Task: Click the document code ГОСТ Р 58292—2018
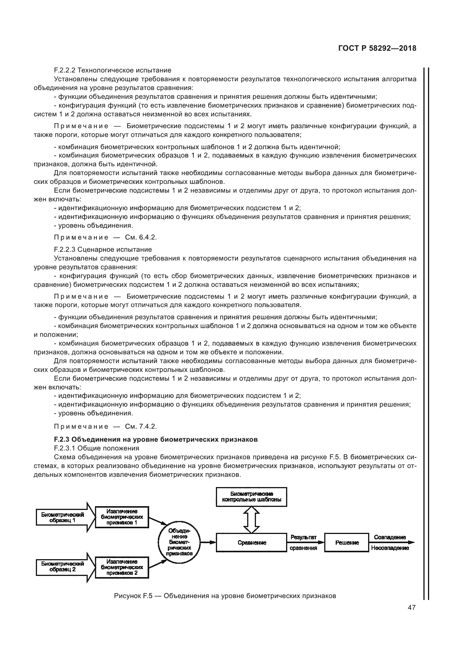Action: point(377,48)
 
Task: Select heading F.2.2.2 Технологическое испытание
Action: point(113,70)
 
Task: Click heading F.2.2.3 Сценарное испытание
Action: point(103,249)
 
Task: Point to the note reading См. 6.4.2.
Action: point(105,237)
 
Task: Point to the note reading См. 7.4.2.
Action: point(105,426)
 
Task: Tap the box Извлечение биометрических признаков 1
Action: point(122,517)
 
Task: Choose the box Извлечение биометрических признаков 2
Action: point(122,567)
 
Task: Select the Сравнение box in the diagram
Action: point(251,543)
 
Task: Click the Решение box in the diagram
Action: point(346,543)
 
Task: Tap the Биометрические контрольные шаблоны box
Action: point(251,496)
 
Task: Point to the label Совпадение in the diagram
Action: point(389,537)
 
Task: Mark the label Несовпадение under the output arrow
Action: point(389,548)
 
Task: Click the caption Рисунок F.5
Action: point(225,596)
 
